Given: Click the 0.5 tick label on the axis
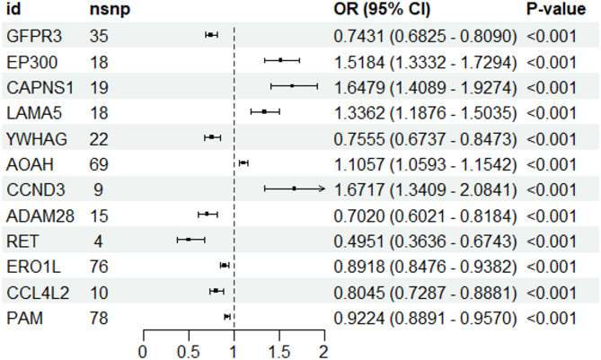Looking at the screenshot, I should coord(189,351).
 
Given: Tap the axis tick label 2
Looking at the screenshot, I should coord(323,351).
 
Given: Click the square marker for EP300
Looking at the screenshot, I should coord(280,60).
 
